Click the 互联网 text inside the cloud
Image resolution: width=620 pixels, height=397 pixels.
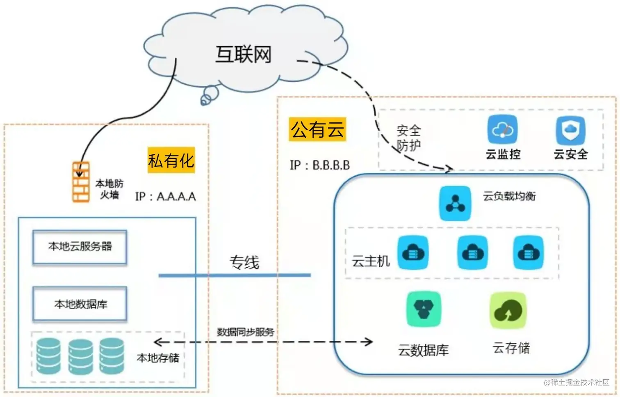(244, 54)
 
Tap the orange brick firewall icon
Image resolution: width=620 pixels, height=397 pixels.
(81, 182)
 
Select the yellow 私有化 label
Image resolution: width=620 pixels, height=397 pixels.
(171, 160)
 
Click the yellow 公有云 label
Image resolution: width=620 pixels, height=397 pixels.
(317, 129)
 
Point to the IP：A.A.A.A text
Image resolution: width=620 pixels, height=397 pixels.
(166, 197)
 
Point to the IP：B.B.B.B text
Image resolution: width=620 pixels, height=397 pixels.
(320, 165)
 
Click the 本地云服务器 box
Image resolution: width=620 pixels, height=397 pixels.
(80, 247)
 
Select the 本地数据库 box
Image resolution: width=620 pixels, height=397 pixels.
(80, 304)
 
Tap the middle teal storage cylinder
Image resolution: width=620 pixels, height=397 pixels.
(80, 356)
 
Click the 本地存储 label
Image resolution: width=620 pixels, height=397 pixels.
(158, 358)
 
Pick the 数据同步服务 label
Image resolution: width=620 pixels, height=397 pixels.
(245, 332)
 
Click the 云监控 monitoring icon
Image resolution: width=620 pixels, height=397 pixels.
(502, 130)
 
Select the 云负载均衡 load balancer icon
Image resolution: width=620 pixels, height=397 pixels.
(455, 203)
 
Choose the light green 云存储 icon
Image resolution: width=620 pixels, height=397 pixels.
(508, 310)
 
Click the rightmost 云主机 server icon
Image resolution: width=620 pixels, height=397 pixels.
(529, 252)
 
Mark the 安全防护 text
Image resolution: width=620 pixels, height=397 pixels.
(408, 138)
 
